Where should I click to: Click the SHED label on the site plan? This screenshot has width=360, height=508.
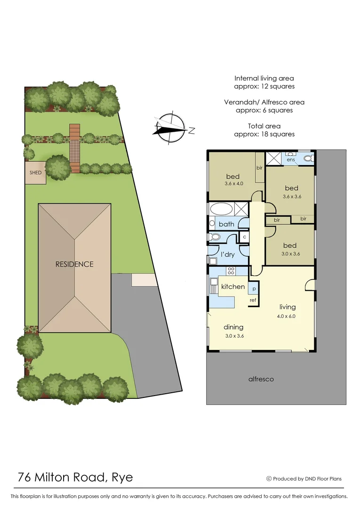point(35,173)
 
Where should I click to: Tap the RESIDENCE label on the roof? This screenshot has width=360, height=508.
point(74,264)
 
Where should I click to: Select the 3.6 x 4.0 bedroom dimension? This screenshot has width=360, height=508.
point(233,184)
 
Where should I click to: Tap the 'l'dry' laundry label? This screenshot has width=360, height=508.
point(228,254)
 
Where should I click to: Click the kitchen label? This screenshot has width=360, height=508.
point(233,286)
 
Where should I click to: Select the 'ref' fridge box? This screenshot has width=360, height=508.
point(253,300)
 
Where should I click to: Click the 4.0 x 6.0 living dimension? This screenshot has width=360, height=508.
point(287,316)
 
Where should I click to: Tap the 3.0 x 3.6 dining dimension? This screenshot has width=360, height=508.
point(233,336)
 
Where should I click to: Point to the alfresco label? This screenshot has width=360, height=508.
point(261,379)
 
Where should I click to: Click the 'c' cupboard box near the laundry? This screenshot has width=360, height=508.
point(244,237)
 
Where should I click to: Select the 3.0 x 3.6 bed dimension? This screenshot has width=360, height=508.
point(290,254)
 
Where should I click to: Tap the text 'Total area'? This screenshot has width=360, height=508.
point(264,126)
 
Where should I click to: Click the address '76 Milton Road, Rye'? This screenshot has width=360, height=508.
point(75,478)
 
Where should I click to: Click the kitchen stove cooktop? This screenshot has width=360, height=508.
point(231,270)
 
